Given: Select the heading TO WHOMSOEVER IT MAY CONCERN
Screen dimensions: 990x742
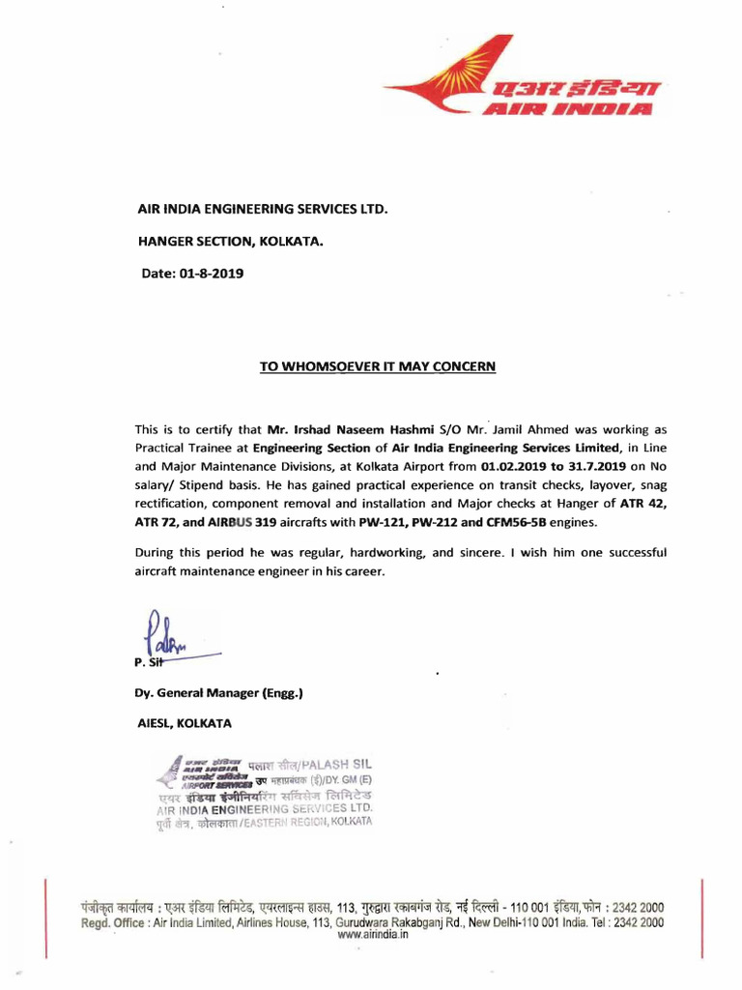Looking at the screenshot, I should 378,366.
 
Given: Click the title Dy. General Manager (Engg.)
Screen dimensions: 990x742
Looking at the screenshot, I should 218,691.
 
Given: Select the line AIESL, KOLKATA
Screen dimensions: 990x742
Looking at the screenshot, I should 184,722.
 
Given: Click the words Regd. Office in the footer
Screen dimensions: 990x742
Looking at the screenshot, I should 117,923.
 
